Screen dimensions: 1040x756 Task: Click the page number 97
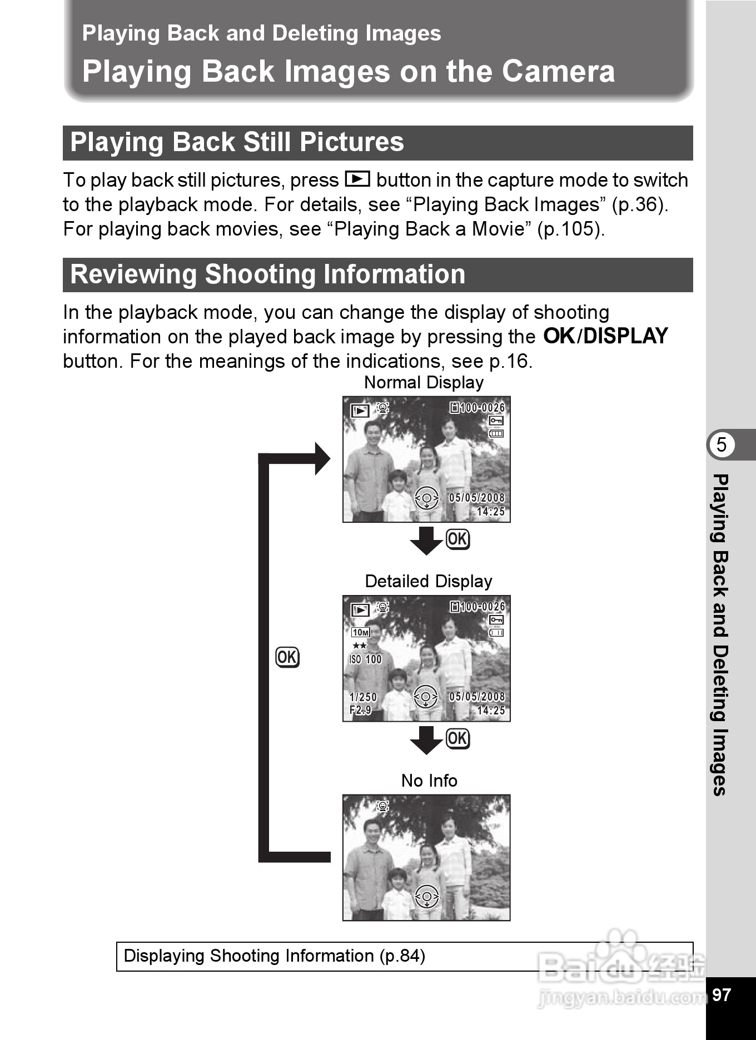click(x=722, y=994)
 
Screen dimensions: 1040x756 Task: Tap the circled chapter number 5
click(x=722, y=444)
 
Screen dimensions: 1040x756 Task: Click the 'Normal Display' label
click(x=424, y=382)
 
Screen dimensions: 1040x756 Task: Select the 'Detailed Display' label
click(x=429, y=581)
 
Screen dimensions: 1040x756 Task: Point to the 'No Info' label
click(x=429, y=781)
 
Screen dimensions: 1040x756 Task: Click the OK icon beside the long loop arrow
click(x=287, y=657)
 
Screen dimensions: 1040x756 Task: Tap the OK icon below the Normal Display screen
click(x=458, y=539)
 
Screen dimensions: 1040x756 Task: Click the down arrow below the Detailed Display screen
click(x=426, y=740)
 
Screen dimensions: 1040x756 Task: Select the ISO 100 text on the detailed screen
click(x=365, y=659)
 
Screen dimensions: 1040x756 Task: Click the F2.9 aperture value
click(x=360, y=710)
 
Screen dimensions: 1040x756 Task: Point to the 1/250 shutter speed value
click(x=363, y=697)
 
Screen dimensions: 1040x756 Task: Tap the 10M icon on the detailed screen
click(x=361, y=632)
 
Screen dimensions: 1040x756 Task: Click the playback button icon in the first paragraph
click(x=357, y=179)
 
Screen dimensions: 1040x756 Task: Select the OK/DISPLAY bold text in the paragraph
click(x=605, y=336)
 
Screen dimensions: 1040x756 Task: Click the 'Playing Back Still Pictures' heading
click(x=237, y=142)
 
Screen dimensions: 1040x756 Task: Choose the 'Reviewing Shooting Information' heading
click(x=268, y=274)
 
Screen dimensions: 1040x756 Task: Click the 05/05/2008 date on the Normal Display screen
click(x=477, y=498)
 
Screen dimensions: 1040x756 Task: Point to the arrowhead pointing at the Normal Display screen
click(x=322, y=459)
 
